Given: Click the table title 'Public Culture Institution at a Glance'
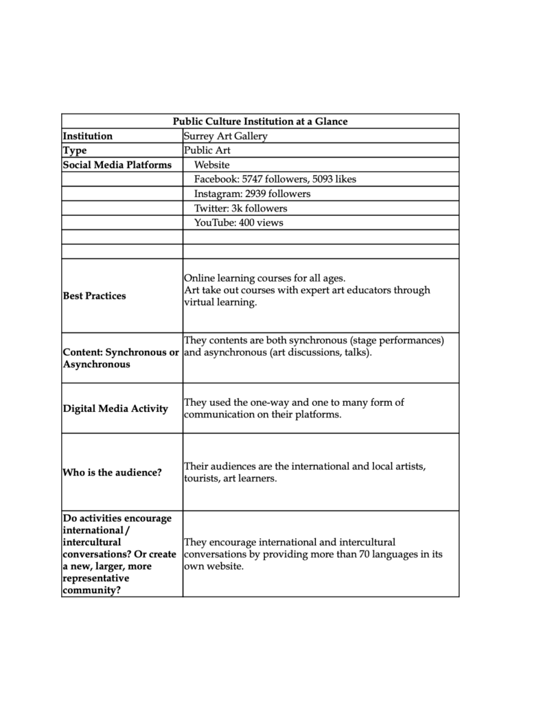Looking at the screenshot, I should (x=260, y=122).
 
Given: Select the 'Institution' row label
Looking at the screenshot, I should (x=87, y=136).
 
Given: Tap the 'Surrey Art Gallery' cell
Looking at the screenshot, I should (x=225, y=136).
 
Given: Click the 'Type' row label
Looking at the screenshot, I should (x=75, y=150).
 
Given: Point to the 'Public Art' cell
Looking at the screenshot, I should (x=207, y=150).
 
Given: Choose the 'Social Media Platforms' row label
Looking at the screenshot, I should (x=116, y=165).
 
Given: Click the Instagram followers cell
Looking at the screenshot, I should (x=252, y=194).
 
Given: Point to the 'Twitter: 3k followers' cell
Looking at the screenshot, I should (x=240, y=208).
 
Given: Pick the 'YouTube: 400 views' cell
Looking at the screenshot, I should (x=238, y=222).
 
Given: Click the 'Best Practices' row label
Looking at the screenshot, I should (x=94, y=296).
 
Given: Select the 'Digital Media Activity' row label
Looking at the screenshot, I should (x=115, y=408).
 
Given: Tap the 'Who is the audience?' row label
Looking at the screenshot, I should (x=112, y=472).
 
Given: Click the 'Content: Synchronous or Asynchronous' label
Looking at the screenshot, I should (x=121, y=358).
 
